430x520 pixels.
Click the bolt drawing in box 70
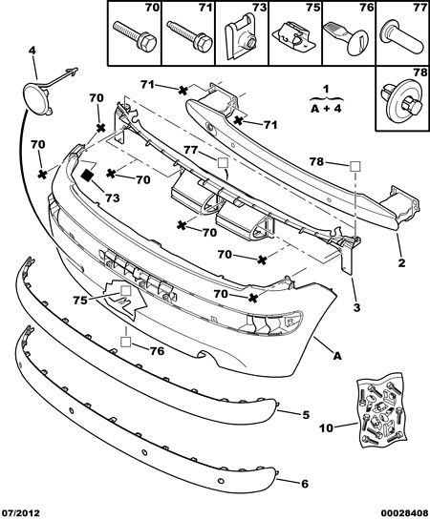[135, 36]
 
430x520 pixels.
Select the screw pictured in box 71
[189, 36]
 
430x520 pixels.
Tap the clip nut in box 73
[242, 37]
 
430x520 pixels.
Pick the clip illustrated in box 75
[293, 37]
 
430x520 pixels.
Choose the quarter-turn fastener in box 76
[346, 37]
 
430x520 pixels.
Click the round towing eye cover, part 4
[37, 95]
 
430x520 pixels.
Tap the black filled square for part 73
[88, 176]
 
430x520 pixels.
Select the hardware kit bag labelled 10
[381, 411]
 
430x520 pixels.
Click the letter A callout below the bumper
[337, 356]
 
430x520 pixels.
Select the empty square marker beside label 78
[355, 166]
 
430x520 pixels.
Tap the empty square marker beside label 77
[223, 163]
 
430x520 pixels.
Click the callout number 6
[305, 484]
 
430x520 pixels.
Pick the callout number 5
[306, 414]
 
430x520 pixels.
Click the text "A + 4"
[326, 108]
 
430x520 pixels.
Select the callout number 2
[401, 262]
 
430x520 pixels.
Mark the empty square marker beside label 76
[126, 342]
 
